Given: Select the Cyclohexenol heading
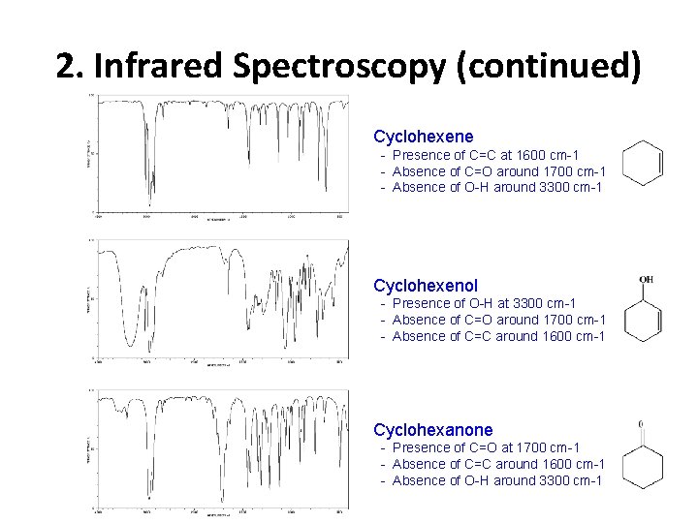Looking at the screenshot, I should (426, 286).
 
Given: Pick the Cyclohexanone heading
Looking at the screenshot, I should (433, 429).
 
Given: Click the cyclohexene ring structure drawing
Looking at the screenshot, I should (643, 162).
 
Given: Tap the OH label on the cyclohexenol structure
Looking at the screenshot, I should (646, 280).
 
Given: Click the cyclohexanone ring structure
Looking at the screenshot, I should (643, 468).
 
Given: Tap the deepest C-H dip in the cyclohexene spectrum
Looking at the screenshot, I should (148, 199).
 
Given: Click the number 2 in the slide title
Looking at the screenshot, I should (65, 66).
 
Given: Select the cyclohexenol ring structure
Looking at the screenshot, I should (643, 318).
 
